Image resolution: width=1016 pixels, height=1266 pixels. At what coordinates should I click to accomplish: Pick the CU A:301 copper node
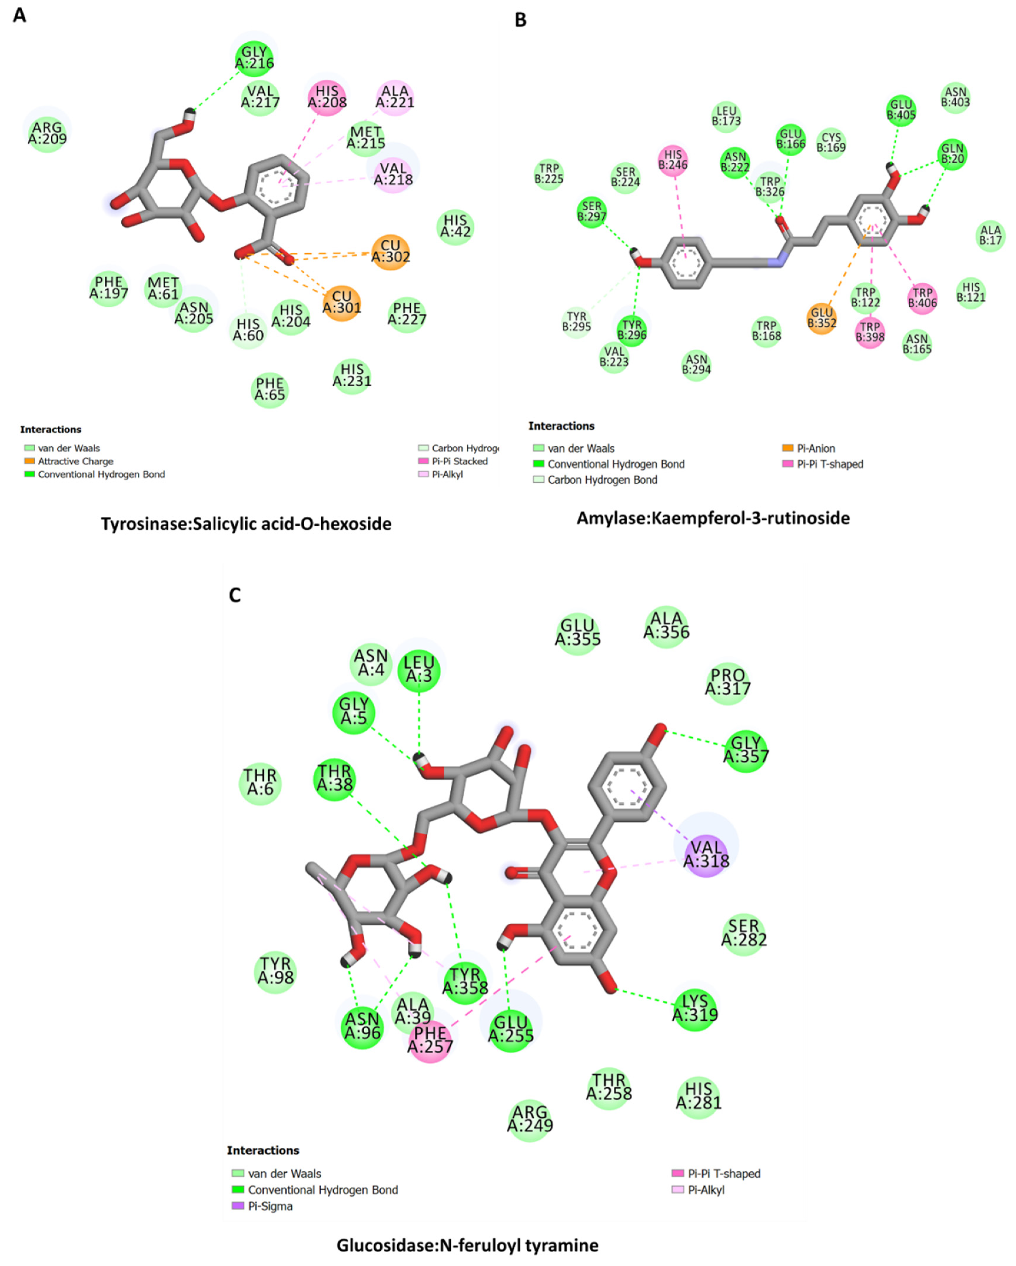pyautogui.click(x=342, y=302)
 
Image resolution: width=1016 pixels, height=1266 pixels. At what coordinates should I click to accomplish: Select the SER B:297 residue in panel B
pyautogui.click(x=591, y=211)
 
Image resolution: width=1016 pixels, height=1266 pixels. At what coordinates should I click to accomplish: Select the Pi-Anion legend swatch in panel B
pyautogui.click(x=788, y=448)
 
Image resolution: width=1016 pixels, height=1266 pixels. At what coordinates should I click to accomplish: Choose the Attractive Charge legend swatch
pyautogui.click(x=29, y=461)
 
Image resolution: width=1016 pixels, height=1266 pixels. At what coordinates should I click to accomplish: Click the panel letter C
pyautogui.click(x=235, y=595)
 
